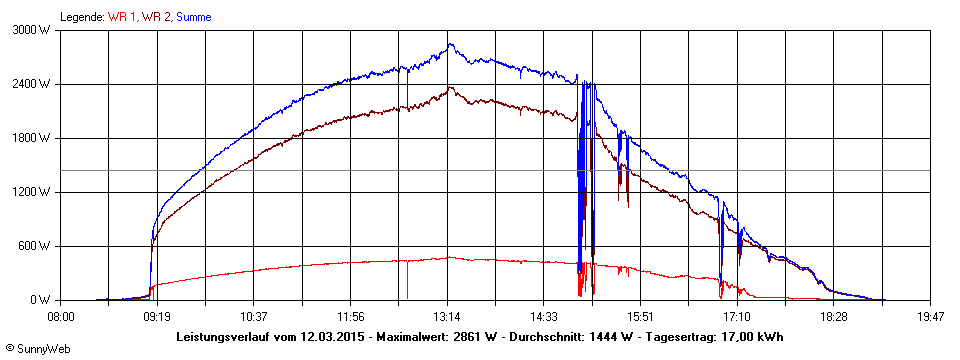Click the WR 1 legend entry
[x=123, y=17]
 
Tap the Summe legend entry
[x=194, y=17]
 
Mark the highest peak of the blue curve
[x=451, y=44]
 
